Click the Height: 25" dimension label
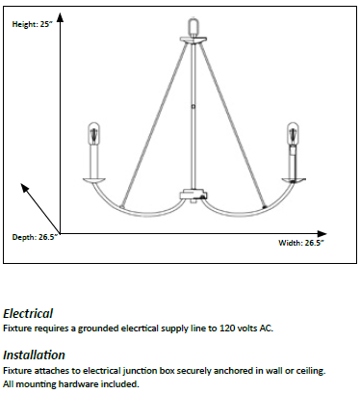[x=32, y=24]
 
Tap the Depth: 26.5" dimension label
[x=35, y=237]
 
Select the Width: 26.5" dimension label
[x=301, y=243]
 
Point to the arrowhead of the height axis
[x=61, y=17]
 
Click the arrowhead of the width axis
[x=321, y=234]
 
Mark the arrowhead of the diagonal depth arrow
[x=24, y=187]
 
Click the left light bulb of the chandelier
[x=93, y=133]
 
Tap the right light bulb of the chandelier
[x=293, y=133]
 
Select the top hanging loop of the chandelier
[x=193, y=26]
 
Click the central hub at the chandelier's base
[x=193, y=196]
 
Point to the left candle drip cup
[x=94, y=180]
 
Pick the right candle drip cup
[x=294, y=180]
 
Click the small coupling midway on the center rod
[x=193, y=106]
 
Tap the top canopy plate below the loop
[x=193, y=39]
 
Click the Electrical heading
[x=28, y=314]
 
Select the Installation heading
[x=34, y=355]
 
